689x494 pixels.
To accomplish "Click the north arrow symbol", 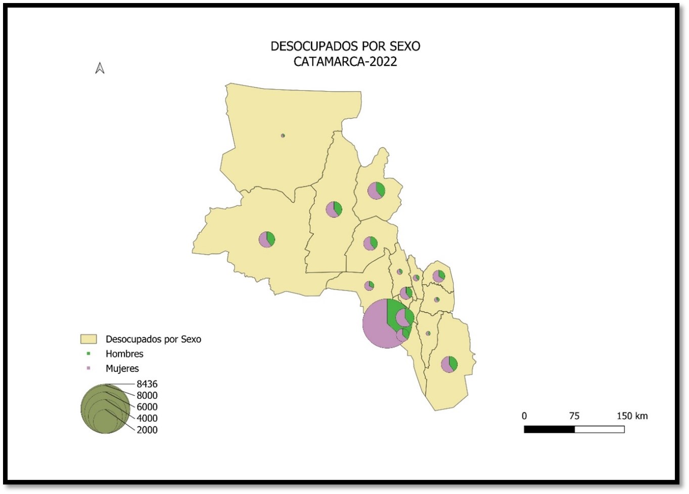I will pos(100,68).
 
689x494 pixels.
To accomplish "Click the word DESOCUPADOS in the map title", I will pos(310,47).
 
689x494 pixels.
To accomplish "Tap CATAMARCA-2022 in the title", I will pos(345,62).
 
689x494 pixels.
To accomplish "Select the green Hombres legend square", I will pos(88,354).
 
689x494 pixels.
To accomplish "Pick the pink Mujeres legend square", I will pos(88,368).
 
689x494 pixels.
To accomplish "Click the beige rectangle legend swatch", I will pos(88,339).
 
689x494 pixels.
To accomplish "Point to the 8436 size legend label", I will pos(147,384).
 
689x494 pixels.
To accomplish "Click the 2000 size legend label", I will pos(147,430).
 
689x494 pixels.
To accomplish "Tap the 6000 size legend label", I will pos(147,407).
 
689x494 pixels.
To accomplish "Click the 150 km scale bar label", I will pos(631,416).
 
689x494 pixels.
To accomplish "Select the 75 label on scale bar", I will pos(574,416).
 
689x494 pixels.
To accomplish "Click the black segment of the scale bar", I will pos(549,429).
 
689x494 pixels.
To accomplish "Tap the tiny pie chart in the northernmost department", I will pos(283,136).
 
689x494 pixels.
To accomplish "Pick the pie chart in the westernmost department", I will pos(266,239).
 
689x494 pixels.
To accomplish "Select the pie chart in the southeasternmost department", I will pos(449,364).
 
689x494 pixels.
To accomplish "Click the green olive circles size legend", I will pos(105,409).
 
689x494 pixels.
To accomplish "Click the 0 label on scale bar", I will pos(524,416).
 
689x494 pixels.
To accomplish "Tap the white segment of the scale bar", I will pos(600,429).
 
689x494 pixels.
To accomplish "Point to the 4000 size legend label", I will pos(147,419).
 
